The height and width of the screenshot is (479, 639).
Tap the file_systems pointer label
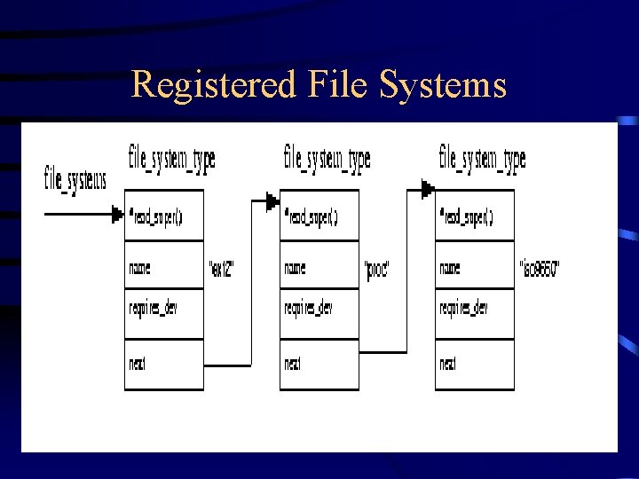tap(75, 178)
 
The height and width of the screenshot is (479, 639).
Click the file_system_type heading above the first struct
tap(172, 160)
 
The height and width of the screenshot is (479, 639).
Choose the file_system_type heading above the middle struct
tap(327, 160)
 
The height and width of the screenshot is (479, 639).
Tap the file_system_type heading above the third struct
tap(482, 160)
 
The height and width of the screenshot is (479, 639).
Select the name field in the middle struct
tap(295, 267)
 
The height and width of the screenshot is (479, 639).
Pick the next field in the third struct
tap(448, 364)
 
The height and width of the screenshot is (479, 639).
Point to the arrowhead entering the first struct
tap(117, 214)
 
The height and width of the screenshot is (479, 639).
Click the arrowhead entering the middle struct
tap(272, 201)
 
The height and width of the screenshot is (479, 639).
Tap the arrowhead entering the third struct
tap(428, 189)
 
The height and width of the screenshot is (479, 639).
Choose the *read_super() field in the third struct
tap(466, 216)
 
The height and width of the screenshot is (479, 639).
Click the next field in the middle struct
tap(294, 364)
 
